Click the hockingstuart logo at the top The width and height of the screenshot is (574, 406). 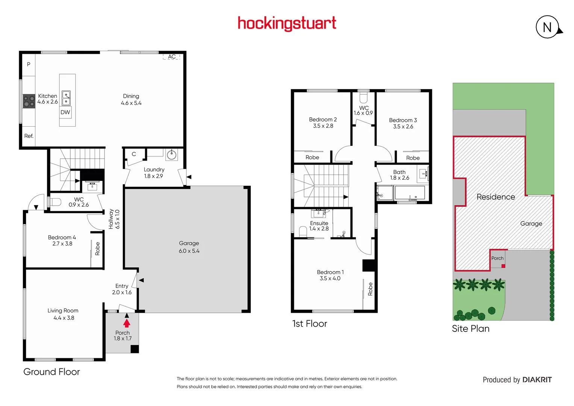pyautogui.click(x=287, y=23)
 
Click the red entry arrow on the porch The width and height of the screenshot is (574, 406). pyautogui.click(x=127, y=323)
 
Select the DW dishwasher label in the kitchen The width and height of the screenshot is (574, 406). pyautogui.click(x=65, y=112)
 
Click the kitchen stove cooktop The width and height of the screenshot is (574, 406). pyautogui.click(x=29, y=101)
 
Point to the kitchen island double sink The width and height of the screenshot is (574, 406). pyautogui.click(x=66, y=98)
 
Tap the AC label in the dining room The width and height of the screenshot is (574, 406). pyautogui.click(x=172, y=57)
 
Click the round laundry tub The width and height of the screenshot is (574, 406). pyautogui.click(x=171, y=155)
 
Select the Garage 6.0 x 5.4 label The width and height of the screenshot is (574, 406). pyautogui.click(x=189, y=247)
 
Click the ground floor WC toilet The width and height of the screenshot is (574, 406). pyautogui.click(x=55, y=202)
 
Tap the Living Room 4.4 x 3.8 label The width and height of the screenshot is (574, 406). pyautogui.click(x=63, y=314)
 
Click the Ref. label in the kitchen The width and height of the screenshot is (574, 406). pyautogui.click(x=29, y=136)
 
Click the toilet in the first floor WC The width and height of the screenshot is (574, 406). pyautogui.click(x=363, y=98)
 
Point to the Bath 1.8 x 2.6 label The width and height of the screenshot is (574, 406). pyautogui.click(x=399, y=175)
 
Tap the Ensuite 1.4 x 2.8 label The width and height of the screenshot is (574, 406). pyautogui.click(x=319, y=226)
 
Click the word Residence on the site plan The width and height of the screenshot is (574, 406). pyautogui.click(x=496, y=197)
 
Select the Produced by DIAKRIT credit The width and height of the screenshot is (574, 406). pyautogui.click(x=517, y=380)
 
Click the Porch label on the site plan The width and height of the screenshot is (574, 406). pyautogui.click(x=497, y=258)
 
